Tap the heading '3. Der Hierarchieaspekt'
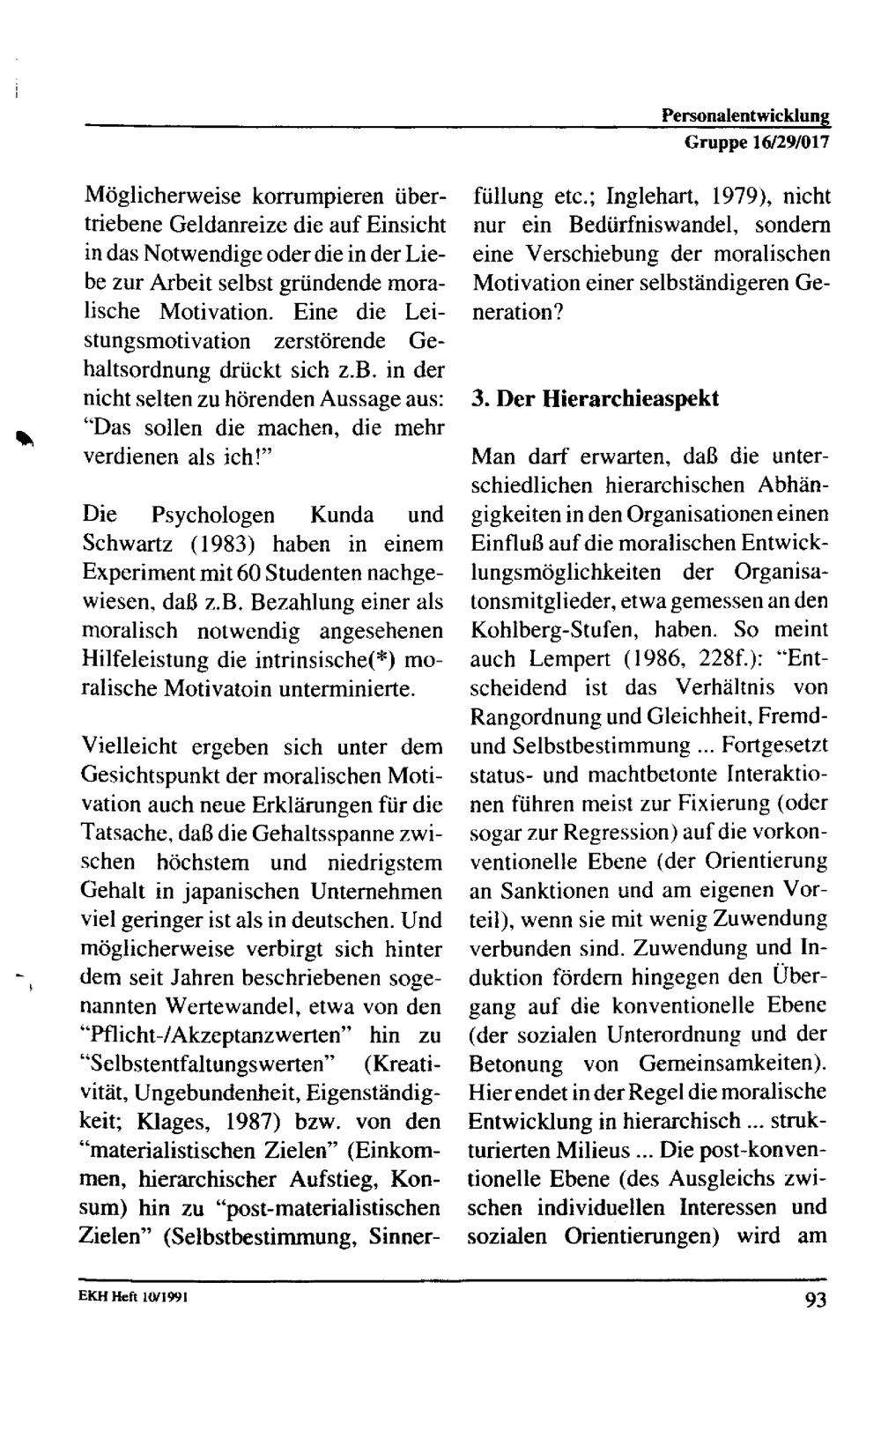coord(595,398)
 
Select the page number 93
coord(815,1300)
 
